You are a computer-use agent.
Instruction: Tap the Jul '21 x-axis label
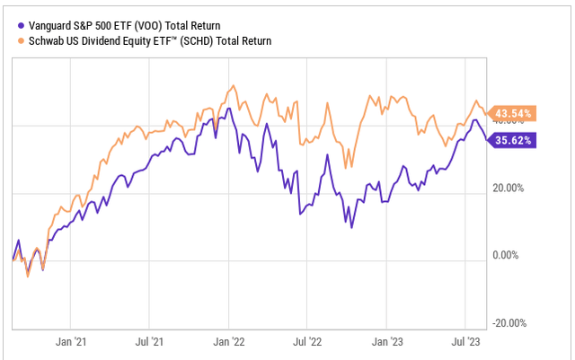coord(149,342)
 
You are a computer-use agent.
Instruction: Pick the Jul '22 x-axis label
coord(307,342)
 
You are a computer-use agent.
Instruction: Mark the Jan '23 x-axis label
coord(386,342)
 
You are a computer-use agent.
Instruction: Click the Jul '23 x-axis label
coord(464,342)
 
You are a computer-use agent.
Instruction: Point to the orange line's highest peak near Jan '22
coord(233,86)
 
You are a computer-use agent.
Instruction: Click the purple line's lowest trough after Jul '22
coord(352,227)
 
